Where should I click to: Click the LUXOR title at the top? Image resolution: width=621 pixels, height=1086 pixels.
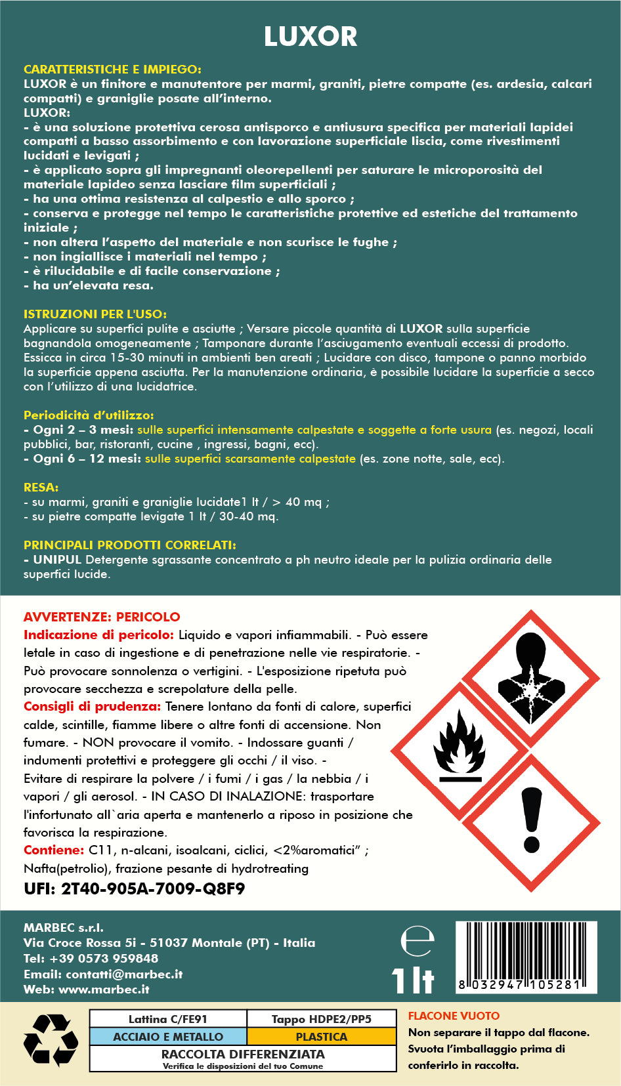click(x=310, y=37)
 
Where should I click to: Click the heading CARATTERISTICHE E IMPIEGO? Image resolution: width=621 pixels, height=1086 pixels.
click(x=112, y=69)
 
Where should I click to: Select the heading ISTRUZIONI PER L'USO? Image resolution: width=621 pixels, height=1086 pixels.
click(x=95, y=314)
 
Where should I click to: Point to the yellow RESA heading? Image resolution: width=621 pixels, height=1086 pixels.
click(x=41, y=487)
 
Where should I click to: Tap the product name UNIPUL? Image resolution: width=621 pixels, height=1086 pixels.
click(x=57, y=560)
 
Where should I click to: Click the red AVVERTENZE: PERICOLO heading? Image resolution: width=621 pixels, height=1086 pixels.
click(x=102, y=617)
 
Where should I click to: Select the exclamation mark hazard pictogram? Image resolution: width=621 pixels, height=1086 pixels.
click(x=532, y=822)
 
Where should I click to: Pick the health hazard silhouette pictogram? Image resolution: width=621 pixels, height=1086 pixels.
click(x=531, y=679)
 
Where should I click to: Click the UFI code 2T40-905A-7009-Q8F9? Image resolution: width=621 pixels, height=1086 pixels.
click(x=153, y=889)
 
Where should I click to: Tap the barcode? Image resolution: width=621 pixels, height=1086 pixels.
click(x=526, y=957)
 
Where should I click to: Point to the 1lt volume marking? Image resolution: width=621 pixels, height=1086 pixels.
click(x=413, y=980)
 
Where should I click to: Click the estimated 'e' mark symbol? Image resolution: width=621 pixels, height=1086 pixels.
click(x=418, y=942)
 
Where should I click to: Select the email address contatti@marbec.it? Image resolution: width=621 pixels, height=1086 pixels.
click(x=124, y=974)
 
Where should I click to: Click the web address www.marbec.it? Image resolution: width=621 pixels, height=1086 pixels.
click(x=104, y=989)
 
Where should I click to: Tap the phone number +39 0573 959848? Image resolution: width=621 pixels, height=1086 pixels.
click(x=104, y=958)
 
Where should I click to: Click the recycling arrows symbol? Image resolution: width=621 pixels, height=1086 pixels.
click(x=51, y=1040)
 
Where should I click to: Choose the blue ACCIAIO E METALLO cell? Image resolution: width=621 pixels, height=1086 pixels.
click(x=168, y=1037)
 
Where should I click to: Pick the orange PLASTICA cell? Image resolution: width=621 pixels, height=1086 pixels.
click(x=322, y=1037)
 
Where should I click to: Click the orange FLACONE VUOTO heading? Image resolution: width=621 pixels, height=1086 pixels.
click(x=454, y=1016)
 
